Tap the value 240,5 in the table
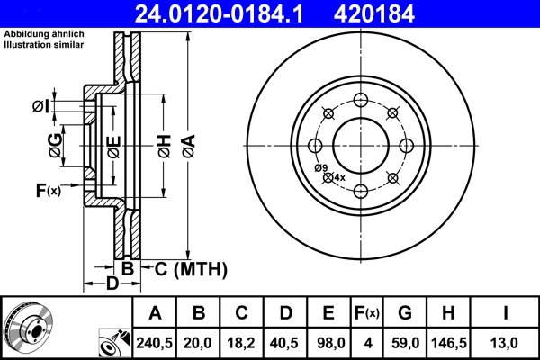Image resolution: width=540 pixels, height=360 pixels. [155, 341]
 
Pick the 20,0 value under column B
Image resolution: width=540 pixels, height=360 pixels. [199, 341]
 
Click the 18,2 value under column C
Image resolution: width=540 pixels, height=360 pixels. [242, 341]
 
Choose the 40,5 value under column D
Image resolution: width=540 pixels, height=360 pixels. [285, 341]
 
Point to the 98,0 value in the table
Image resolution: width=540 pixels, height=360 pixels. [328, 341]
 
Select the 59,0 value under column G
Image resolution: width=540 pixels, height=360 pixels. [405, 341]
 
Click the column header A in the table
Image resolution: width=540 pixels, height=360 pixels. [155, 313]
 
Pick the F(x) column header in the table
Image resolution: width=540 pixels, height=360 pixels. [366, 313]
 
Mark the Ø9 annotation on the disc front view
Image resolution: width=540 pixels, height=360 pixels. [320, 167]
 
